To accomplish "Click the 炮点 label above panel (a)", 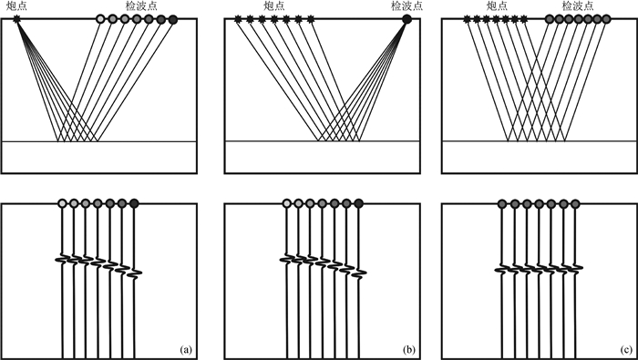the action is pos(16,5).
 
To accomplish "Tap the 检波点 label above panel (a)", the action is pos(141,5).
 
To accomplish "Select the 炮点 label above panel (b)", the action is pos(274,5).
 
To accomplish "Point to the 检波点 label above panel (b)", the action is pos(406,5).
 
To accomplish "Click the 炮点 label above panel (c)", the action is pos(497,5).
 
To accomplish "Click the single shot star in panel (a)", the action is pos(16,19).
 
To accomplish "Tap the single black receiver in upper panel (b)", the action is pos(406,19).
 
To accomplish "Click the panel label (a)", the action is pos(185,349).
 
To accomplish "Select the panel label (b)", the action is pos(407,349).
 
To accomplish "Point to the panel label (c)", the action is pos(625,349).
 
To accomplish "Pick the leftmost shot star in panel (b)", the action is pos(238,19).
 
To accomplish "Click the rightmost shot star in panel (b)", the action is pos(311,19).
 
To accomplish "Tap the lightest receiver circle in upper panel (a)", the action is pos(100,19).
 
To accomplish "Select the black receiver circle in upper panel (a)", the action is pos(173,19).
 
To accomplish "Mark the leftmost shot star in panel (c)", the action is pos(467,19).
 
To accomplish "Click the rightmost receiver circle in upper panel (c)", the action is pos(606,19).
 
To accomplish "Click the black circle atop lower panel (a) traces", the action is pos(134,203).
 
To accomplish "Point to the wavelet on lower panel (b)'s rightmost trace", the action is pos(358,273).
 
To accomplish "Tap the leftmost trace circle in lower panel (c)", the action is pos(502,203).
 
